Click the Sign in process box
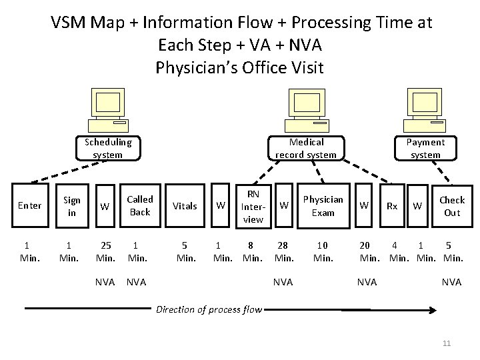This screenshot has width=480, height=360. (71, 205)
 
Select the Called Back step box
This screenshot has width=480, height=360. (139, 205)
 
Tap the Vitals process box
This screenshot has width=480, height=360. (185, 206)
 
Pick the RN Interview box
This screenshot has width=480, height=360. (253, 205)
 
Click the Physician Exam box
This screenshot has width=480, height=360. (323, 205)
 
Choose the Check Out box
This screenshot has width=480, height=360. (451, 205)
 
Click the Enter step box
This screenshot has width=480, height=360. (29, 205)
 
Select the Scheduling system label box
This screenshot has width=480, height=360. (107, 148)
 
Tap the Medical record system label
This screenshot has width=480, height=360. (306, 148)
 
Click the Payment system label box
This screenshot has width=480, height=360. (425, 148)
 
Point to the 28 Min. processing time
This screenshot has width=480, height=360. (283, 251)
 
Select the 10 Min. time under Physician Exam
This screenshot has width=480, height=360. (323, 251)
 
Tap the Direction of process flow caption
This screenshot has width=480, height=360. (208, 309)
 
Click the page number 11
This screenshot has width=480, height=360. (447, 343)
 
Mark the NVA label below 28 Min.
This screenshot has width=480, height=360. (283, 282)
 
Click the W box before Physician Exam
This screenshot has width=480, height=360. (284, 205)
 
